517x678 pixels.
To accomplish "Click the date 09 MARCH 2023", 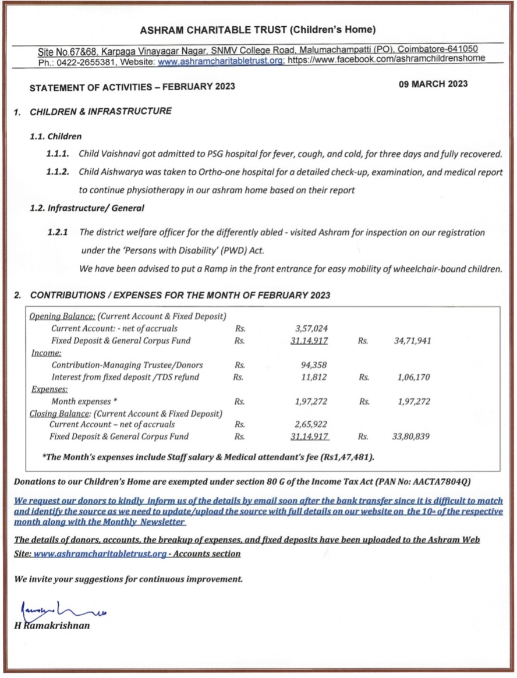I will tap(433, 84).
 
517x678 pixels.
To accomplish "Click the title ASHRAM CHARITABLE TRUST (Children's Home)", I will tap(258, 29).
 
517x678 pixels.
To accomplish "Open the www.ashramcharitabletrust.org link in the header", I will tap(221, 61).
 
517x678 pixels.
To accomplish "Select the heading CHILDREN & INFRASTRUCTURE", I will tap(101, 111).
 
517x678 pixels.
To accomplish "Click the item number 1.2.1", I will tap(58, 232).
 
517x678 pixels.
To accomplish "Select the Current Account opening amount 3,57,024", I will tap(311, 329).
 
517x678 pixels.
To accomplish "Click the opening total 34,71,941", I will tap(412, 341).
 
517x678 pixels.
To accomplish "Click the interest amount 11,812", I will tap(315, 377).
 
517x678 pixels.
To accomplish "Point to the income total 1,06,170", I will tap(413, 377).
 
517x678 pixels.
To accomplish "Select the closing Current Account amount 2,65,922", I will tap(311, 424).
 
